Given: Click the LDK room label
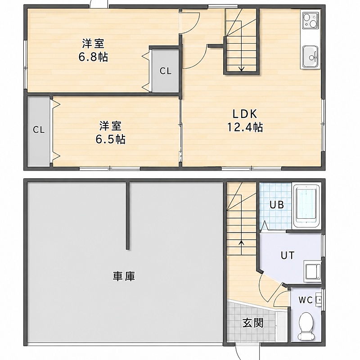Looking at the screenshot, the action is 245,114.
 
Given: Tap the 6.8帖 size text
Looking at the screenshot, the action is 93,57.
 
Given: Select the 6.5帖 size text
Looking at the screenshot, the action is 110,139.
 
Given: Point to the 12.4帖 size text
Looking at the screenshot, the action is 245,127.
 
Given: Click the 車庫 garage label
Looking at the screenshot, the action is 124,276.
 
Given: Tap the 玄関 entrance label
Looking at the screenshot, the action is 253,323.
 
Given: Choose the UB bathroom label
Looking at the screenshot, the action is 276,205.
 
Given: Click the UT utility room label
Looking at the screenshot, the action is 288,255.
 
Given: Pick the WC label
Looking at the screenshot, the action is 306,300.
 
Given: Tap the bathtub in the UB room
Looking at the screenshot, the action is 307,206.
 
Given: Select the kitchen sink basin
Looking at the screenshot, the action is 310,56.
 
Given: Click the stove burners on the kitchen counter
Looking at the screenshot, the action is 310,21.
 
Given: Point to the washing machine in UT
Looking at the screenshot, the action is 312,271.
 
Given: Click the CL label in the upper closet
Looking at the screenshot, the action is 166,71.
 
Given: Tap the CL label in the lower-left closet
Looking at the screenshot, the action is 39,130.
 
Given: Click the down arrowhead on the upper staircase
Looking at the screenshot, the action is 241,69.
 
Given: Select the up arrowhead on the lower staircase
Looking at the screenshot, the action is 241,243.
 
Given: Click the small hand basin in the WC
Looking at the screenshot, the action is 319,300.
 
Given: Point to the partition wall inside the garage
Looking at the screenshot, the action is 128,216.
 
